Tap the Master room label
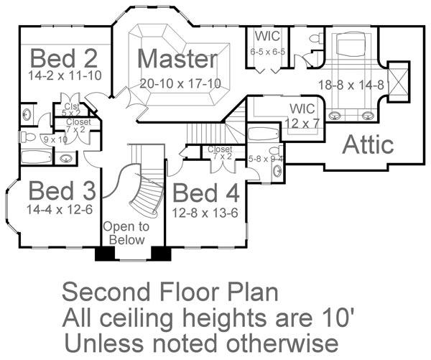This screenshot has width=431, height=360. point(177,59)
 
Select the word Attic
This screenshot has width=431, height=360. point(368,144)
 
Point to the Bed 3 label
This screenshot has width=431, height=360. point(62,192)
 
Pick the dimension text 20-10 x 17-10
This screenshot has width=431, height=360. point(180,83)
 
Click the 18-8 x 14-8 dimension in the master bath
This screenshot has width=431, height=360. point(351,83)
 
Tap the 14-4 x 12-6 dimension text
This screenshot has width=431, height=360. point(61,211)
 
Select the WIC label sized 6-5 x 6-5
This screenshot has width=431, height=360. point(267,37)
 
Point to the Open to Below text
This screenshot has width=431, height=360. point(126,233)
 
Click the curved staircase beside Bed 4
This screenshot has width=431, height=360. point(144,190)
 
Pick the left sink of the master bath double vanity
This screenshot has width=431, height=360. point(335,114)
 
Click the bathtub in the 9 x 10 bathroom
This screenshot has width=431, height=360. point(36,157)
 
